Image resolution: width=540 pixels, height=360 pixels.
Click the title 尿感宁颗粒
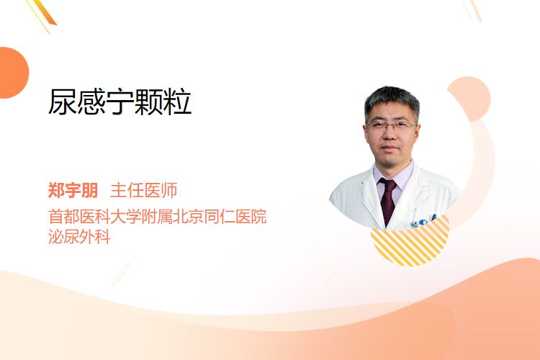120,102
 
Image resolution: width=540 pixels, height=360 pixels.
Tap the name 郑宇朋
73,190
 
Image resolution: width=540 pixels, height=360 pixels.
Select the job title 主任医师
144,190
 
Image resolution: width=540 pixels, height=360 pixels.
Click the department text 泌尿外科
79,237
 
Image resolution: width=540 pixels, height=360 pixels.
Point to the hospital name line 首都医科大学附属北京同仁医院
158,217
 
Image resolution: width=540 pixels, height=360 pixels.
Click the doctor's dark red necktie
388,201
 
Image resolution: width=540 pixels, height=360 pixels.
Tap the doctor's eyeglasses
390,125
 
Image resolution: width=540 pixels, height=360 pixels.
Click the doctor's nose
390,134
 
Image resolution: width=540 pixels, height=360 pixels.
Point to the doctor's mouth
390,148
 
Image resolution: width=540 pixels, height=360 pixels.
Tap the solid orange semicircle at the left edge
13,73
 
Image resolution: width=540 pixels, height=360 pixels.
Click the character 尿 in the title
63,102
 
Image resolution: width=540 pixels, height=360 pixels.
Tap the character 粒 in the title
177,102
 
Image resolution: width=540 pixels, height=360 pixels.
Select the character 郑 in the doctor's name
56,190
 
